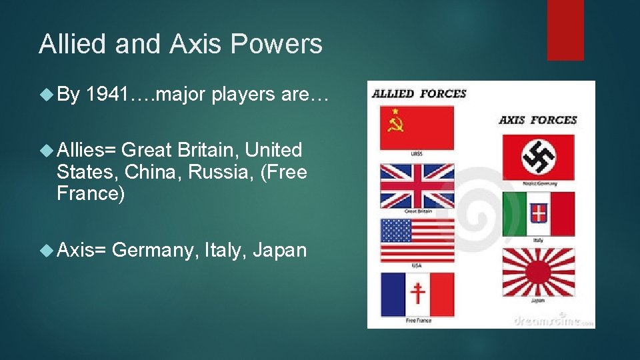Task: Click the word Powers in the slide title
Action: (x=278, y=44)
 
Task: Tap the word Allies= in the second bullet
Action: (x=87, y=150)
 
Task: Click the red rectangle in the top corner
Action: (x=565, y=30)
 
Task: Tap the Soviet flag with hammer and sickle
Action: (x=417, y=127)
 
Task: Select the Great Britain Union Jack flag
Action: (x=417, y=185)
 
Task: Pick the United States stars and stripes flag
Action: (x=417, y=241)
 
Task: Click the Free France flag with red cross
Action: (x=417, y=294)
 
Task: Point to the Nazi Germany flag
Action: (x=538, y=157)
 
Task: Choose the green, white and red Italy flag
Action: (x=538, y=213)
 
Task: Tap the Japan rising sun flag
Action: (x=538, y=271)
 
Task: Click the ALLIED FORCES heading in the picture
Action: (x=419, y=94)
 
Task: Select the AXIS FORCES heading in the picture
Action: (x=537, y=120)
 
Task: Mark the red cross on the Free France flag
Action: (x=418, y=293)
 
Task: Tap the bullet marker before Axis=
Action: (x=46, y=250)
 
